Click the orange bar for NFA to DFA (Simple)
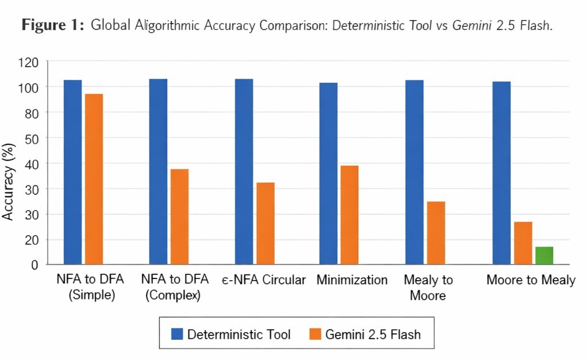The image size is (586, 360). (x=94, y=179)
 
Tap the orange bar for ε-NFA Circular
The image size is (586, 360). (x=265, y=223)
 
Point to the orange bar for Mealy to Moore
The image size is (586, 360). (x=436, y=233)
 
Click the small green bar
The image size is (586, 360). (x=544, y=256)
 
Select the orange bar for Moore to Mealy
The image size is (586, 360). (x=523, y=243)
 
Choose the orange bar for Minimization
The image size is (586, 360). (x=349, y=215)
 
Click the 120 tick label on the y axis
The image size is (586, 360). (x=28, y=61)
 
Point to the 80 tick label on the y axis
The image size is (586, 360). (x=31, y=113)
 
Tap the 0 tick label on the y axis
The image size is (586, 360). (x=34, y=265)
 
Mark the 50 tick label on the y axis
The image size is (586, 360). (x=31, y=138)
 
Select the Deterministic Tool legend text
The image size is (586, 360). (x=239, y=334)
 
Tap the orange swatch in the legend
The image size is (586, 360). (x=314, y=334)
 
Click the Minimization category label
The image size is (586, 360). (x=352, y=280)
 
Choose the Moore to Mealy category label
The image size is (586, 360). (x=530, y=280)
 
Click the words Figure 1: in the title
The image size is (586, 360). (x=53, y=25)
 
